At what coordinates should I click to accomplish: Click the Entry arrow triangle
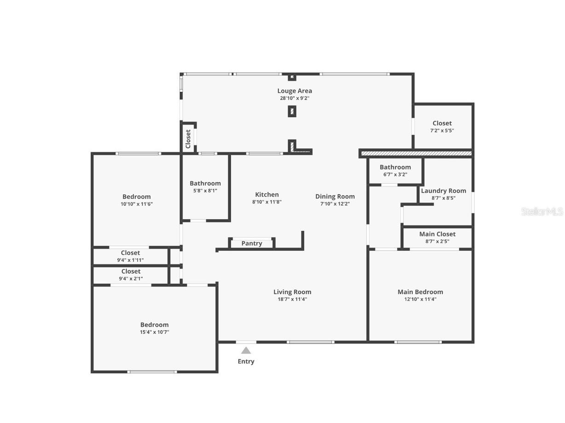[246, 351]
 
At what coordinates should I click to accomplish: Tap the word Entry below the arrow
[246, 361]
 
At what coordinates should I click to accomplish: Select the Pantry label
[252, 243]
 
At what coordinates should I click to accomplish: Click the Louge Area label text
[294, 91]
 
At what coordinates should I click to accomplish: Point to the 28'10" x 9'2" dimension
[294, 98]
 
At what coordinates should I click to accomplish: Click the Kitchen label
[267, 195]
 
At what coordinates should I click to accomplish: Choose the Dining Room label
[335, 197]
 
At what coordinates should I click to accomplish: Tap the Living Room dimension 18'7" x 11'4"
[292, 299]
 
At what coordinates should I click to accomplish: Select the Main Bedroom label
[420, 292]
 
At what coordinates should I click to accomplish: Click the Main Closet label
[437, 234]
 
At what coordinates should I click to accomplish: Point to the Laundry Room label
[443, 191]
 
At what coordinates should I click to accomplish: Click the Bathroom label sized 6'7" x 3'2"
[395, 167]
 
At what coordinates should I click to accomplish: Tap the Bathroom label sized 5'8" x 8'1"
[205, 183]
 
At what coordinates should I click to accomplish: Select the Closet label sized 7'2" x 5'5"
[442, 123]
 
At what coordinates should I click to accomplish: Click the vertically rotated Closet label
[188, 139]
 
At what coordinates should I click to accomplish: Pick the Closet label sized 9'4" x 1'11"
[131, 253]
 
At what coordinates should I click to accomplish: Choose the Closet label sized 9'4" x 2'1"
[131, 271]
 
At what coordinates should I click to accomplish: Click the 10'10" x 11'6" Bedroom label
[137, 197]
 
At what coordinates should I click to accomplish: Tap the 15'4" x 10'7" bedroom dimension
[155, 332]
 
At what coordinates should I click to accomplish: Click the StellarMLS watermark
[542, 211]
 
